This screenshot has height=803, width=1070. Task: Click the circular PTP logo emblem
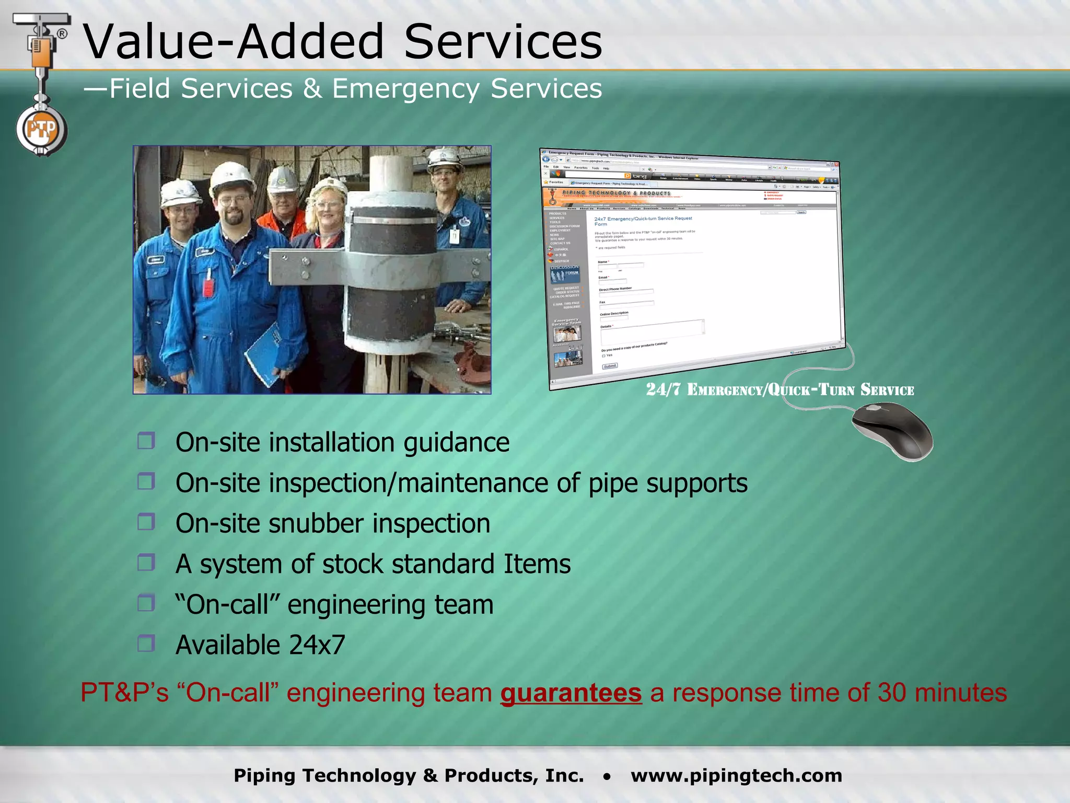click(x=41, y=129)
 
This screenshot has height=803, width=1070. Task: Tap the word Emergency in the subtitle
click(x=405, y=88)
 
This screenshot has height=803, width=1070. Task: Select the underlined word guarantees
click(x=571, y=693)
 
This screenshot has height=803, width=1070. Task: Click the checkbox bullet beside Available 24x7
click(x=146, y=644)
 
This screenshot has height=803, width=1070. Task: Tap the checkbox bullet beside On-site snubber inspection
click(x=146, y=522)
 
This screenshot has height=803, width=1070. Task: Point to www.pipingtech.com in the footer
click(x=736, y=775)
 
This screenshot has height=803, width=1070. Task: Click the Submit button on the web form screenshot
click(x=610, y=366)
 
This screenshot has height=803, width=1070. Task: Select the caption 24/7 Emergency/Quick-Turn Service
click(x=780, y=390)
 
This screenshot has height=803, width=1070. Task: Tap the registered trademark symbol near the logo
click(x=62, y=34)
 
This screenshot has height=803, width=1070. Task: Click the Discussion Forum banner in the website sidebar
click(x=564, y=272)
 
